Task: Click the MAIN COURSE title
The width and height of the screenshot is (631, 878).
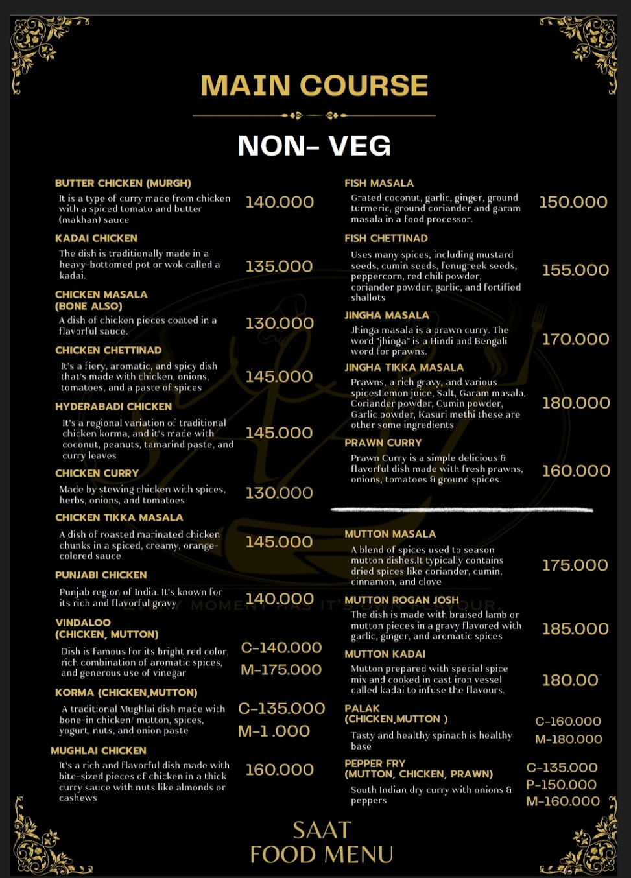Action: (x=315, y=86)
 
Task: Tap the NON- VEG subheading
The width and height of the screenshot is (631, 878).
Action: (x=315, y=146)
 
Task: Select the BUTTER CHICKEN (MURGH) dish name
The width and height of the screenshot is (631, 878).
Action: (x=123, y=184)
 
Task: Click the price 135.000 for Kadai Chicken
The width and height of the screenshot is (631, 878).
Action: (x=279, y=267)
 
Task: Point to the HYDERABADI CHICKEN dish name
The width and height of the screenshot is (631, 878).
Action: (x=113, y=407)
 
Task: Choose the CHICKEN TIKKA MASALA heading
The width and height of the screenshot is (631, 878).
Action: (x=119, y=517)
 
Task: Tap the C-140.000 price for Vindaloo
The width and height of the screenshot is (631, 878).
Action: (x=281, y=648)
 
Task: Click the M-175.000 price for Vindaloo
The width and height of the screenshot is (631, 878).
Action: (x=281, y=670)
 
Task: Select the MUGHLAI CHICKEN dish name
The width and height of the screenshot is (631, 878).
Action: (x=99, y=751)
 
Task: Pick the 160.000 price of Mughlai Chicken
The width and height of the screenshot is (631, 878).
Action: (x=280, y=770)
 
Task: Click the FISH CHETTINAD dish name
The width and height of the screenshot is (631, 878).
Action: (x=386, y=239)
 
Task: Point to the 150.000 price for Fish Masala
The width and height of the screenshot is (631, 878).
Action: (x=573, y=202)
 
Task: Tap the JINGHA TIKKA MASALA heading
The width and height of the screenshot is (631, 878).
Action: (x=404, y=368)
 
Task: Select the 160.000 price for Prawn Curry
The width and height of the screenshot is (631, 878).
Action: (x=576, y=471)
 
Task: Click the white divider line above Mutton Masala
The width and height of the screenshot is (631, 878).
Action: (x=462, y=510)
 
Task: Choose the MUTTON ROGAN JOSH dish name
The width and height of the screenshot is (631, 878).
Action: (x=401, y=600)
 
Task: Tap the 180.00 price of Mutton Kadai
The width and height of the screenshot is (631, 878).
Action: (x=570, y=680)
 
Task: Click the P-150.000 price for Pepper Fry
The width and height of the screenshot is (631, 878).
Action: (x=562, y=785)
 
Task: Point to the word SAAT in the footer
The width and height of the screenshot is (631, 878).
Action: (x=322, y=831)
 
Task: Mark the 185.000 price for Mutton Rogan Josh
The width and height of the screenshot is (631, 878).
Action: (x=575, y=629)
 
